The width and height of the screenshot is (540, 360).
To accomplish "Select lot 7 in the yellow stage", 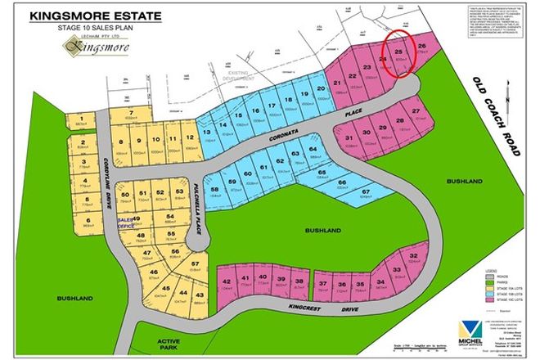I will pos(130,114).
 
